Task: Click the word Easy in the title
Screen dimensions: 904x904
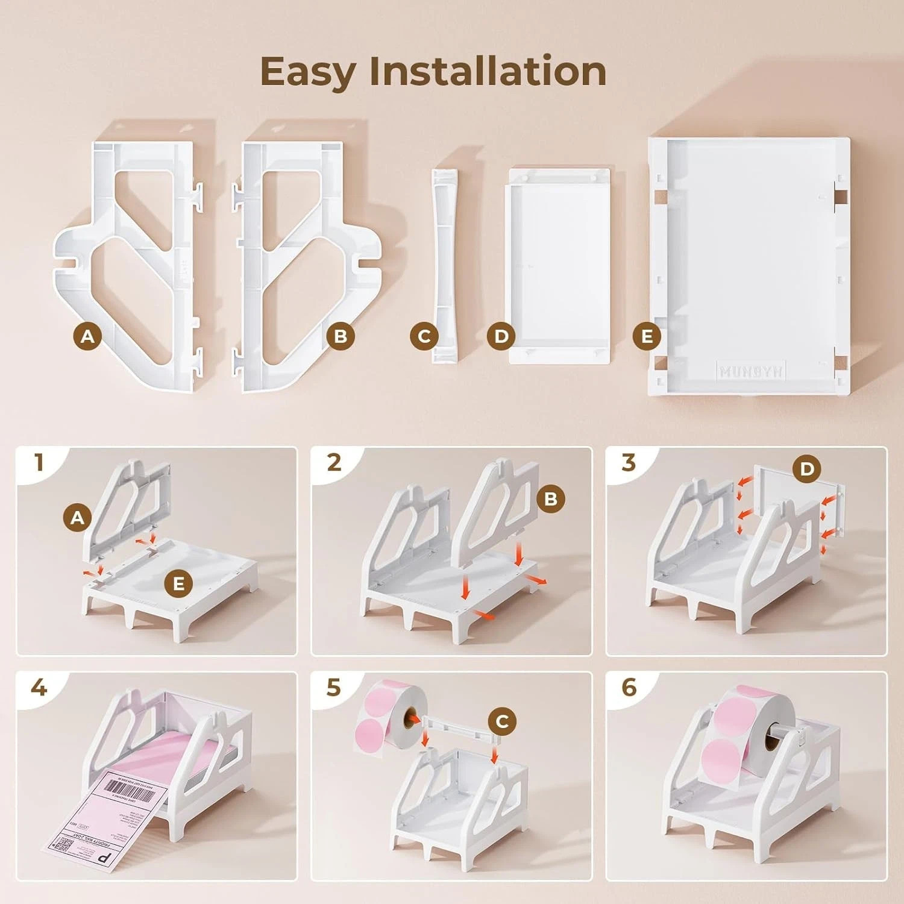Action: [308, 72]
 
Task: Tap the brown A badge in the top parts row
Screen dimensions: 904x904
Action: [87, 336]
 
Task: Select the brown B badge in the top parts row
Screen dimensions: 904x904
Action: [341, 336]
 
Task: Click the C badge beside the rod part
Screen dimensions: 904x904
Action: [424, 336]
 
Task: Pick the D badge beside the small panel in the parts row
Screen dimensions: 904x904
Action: [501, 336]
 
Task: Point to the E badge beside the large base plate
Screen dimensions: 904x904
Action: [647, 336]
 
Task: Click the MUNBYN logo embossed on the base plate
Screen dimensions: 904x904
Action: [750, 371]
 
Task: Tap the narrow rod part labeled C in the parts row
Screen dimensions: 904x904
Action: [444, 265]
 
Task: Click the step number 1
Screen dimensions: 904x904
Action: [39, 463]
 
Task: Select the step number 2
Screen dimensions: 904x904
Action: [334, 463]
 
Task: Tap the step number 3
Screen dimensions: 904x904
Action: [629, 463]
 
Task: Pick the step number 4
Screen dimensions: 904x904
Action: [39, 688]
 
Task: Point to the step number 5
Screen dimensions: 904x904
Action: [334, 688]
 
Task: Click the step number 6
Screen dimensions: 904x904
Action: [629, 688]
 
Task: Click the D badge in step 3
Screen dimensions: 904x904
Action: [807, 469]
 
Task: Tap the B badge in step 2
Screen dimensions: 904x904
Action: [550, 498]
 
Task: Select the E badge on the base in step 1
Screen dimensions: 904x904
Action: [178, 583]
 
